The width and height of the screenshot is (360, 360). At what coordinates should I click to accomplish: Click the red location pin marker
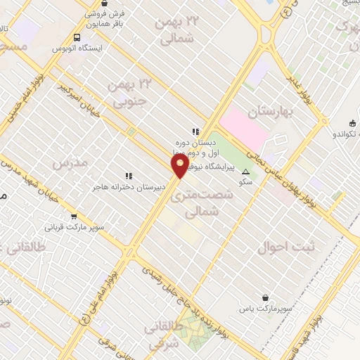point(181,165)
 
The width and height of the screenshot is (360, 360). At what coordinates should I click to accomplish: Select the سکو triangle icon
point(245,172)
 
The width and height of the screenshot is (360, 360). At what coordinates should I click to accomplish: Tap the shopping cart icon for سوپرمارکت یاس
point(264,297)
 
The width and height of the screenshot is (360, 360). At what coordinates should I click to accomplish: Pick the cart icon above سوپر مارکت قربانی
point(74,217)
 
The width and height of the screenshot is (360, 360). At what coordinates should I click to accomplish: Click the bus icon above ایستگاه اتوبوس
point(76,37)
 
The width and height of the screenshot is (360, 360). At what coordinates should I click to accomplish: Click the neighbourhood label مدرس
point(70,162)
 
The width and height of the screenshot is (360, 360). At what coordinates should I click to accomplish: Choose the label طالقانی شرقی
point(163,337)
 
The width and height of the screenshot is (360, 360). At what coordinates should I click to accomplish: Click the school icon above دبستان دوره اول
point(195,131)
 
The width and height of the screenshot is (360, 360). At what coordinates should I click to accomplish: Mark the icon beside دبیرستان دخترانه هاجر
point(128,176)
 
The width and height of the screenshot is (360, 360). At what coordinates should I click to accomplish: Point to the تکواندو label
point(340,131)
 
